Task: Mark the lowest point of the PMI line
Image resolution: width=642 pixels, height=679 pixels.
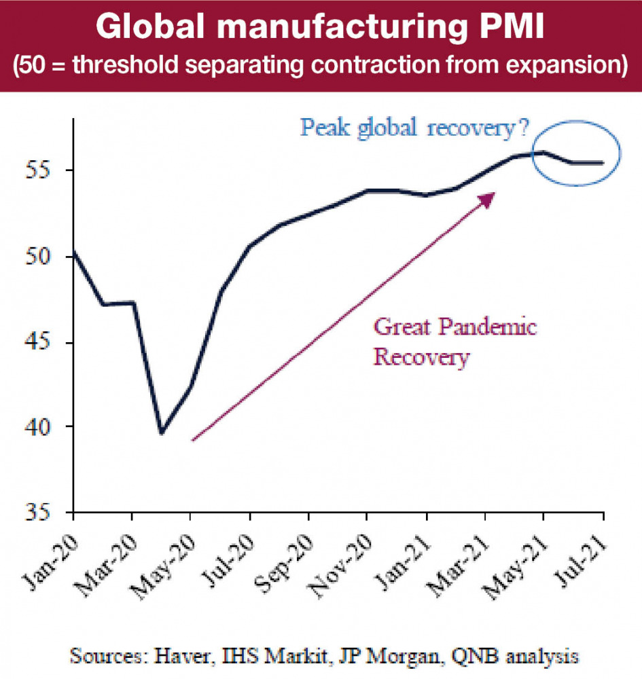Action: tap(162, 433)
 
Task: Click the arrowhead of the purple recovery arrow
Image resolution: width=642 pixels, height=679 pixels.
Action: tap(488, 198)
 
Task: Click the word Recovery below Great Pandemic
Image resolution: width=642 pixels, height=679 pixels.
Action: tap(421, 357)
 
